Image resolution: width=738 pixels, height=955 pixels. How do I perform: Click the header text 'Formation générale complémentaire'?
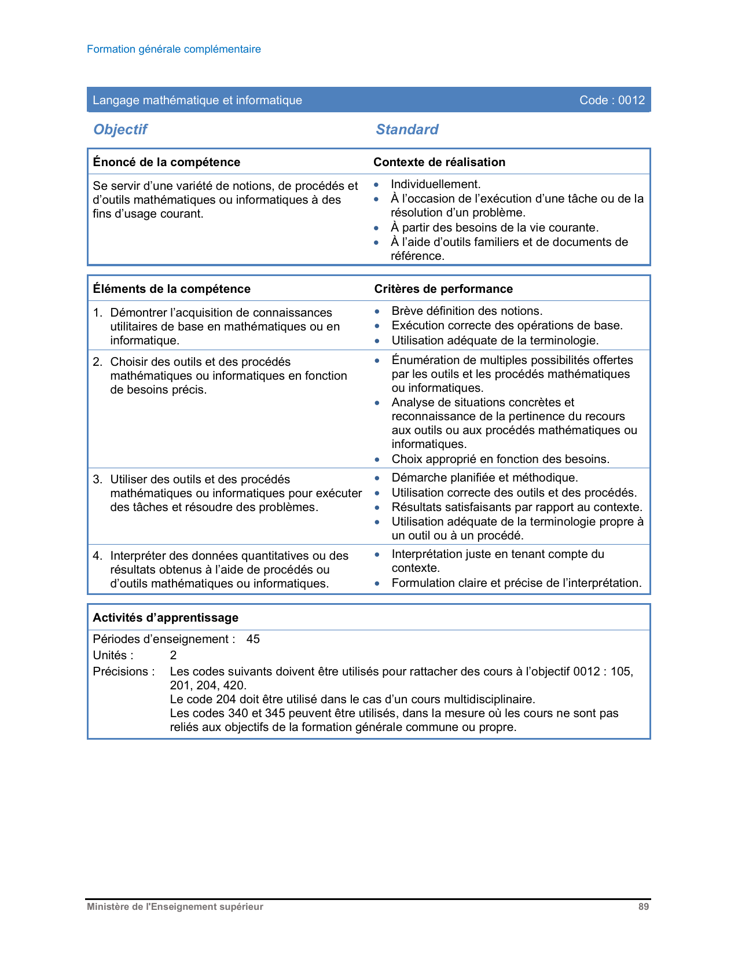pos(174,49)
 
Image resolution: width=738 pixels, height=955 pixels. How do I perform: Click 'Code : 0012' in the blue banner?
pos(612,100)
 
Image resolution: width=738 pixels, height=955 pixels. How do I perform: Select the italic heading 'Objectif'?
pos(120,129)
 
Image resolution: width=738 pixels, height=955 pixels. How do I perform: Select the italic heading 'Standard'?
pos(407,129)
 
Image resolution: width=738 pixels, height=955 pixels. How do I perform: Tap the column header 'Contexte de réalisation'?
pos(439,162)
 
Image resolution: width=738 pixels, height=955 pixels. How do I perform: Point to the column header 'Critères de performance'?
pos(443,289)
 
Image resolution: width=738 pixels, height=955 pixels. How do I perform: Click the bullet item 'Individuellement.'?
pos(435,184)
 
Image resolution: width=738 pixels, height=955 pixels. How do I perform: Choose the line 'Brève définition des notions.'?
pos(467,311)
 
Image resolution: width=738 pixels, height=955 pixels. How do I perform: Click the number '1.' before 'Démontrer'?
pos(98,313)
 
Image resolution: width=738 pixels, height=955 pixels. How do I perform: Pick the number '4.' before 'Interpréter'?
pos(98,556)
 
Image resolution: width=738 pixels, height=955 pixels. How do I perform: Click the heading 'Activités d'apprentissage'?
pos(166,618)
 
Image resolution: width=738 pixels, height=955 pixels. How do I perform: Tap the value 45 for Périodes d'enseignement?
pos(253,639)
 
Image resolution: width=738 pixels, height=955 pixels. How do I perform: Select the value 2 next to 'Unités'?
pos(173,655)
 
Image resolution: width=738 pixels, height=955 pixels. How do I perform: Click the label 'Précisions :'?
pos(124,671)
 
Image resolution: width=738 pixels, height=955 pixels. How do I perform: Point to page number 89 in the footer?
pos(644,907)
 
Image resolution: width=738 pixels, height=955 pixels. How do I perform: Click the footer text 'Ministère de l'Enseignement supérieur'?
pos(175,907)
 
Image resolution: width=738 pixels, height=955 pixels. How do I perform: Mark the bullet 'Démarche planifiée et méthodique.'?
pos(484,477)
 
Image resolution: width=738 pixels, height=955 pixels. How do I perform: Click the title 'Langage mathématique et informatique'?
pos(197,100)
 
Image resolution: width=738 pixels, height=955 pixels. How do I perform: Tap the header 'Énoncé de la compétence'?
pos(167,162)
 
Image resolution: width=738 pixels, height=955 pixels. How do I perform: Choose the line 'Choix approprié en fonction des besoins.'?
pos(500,459)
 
